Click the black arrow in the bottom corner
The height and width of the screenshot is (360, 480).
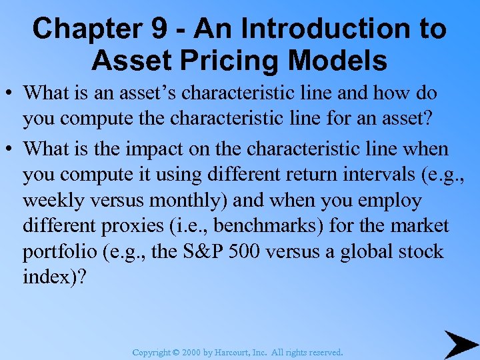click(461, 344)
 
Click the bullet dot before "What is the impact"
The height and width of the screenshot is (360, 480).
click(11, 149)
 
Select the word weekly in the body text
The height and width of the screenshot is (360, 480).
click(49, 201)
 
